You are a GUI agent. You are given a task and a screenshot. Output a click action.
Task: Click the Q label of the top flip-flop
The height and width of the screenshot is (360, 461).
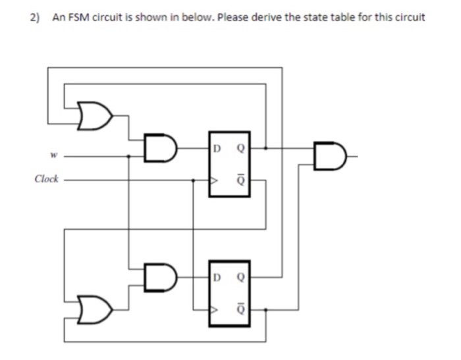[241, 146]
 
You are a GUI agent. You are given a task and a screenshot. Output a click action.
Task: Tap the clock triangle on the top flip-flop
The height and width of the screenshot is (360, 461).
[213, 179]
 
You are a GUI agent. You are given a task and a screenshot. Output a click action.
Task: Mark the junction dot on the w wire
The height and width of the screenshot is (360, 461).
[128, 156]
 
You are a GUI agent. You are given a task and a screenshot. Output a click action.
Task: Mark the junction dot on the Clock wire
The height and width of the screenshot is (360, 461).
[192, 179]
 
